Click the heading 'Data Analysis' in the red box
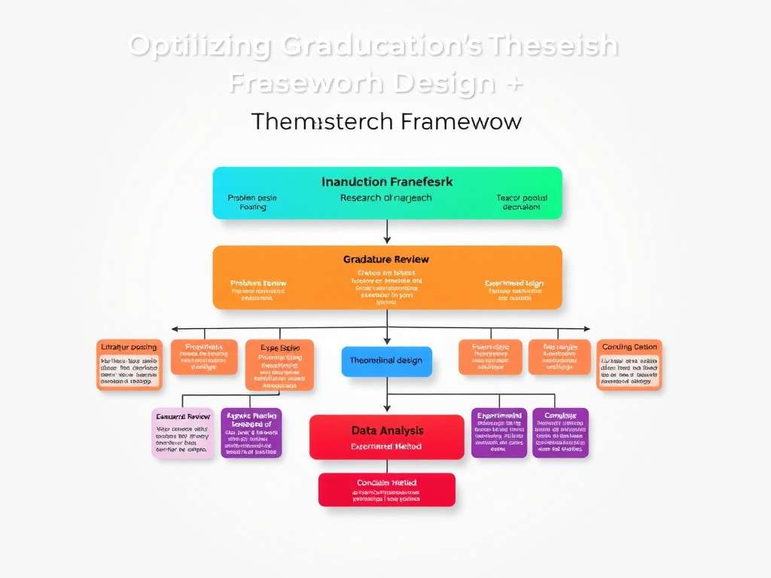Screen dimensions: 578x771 (387, 430)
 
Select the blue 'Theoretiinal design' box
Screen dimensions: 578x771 (387, 360)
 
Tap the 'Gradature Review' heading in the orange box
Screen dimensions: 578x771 (386, 259)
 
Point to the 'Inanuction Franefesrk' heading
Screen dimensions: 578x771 (387, 181)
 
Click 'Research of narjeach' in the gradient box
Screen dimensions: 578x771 (386, 198)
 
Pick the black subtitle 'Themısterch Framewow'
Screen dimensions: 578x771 (386, 121)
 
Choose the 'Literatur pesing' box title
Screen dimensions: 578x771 (129, 347)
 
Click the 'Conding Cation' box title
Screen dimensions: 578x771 (629, 347)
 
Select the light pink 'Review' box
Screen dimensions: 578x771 (182, 433)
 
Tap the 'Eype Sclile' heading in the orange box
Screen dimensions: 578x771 (279, 348)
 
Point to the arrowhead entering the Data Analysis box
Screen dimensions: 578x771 (387, 410)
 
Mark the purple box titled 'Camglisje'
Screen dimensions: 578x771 (560, 433)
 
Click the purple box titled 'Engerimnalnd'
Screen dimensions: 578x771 (499, 433)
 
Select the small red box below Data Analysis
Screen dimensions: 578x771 (386, 489)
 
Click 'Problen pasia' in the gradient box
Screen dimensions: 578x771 (252, 198)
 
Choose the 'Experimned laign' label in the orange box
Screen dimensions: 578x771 (514, 284)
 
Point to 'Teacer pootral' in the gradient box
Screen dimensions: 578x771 (522, 198)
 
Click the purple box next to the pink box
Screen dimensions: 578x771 (251, 433)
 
